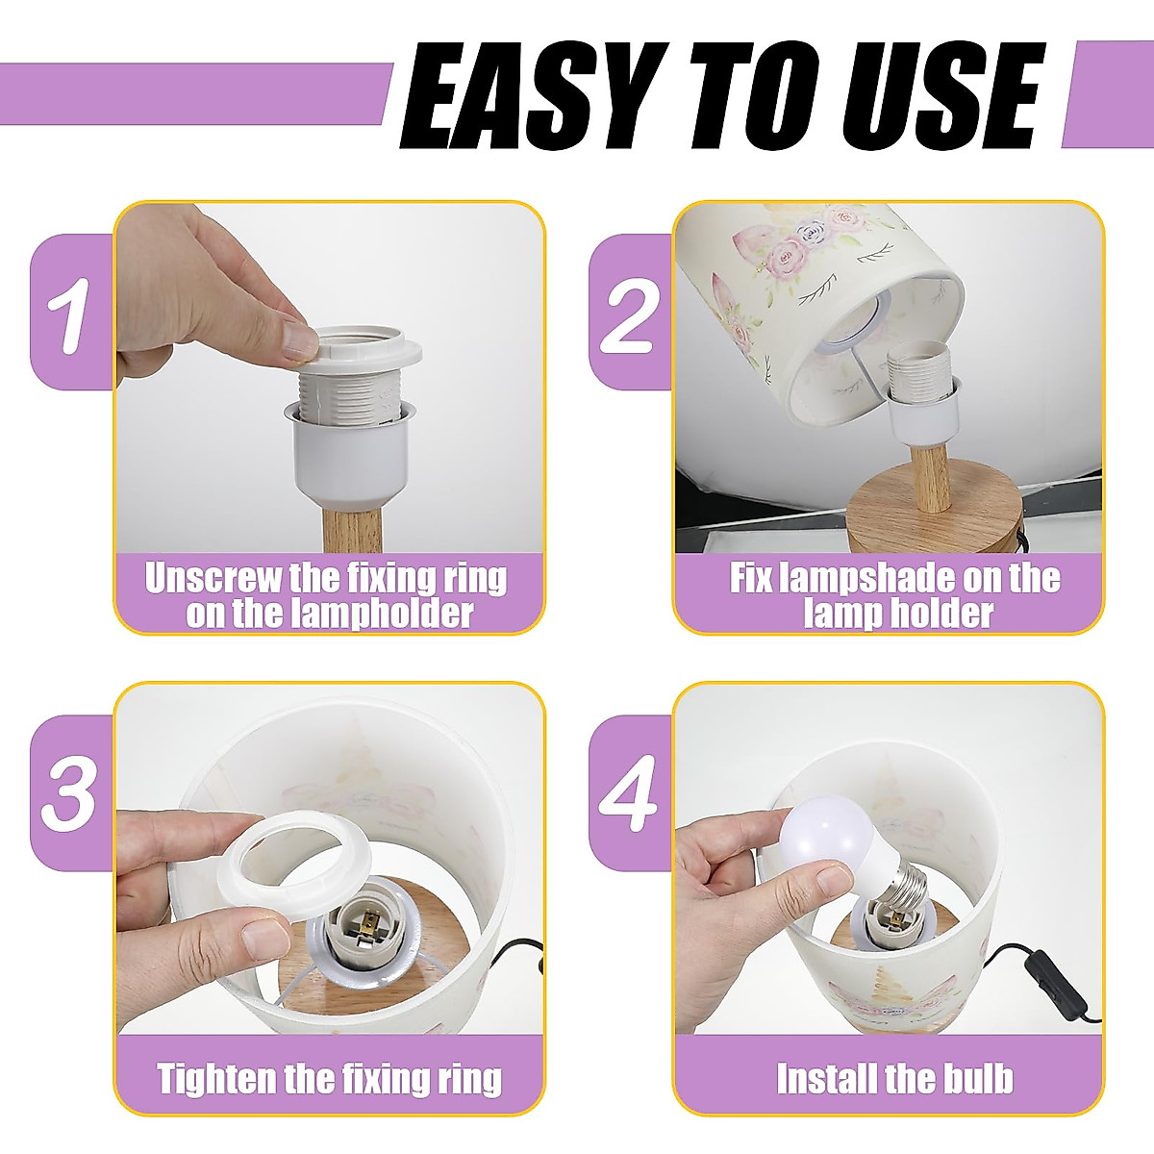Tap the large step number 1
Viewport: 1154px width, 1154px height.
click(x=69, y=315)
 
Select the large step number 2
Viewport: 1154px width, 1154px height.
click(x=629, y=315)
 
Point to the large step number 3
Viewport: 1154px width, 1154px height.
click(x=69, y=794)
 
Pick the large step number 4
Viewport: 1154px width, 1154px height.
click(x=629, y=794)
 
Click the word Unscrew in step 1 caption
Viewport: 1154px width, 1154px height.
click(x=213, y=579)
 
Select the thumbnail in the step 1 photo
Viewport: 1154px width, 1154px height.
click(x=299, y=339)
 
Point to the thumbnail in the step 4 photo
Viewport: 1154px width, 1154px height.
click(x=833, y=879)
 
